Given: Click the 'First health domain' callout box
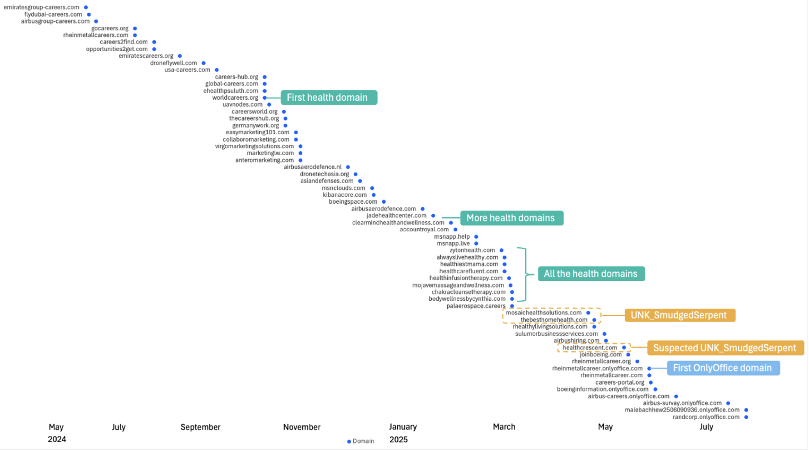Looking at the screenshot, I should (329, 98).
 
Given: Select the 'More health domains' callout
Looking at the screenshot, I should (511, 218).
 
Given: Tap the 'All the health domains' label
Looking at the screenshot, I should (591, 274).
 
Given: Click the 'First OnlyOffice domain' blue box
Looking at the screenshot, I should (723, 368).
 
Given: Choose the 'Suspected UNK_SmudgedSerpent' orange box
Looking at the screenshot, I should (725, 348).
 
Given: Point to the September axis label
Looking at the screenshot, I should (200, 427).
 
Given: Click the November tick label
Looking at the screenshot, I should (301, 427).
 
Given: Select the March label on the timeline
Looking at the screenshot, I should (504, 427).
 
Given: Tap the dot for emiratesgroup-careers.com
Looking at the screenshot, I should (86, 7).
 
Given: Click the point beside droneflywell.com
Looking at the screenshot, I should (203, 63).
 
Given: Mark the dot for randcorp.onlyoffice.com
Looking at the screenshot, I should (746, 417).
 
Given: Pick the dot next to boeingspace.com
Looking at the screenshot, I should (384, 202).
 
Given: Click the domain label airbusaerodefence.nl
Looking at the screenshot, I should (312, 167).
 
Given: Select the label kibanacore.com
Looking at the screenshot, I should (345, 195).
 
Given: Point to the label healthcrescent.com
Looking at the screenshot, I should (590, 348).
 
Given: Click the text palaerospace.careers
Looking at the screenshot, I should (476, 306).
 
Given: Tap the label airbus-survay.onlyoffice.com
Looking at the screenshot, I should (682, 403).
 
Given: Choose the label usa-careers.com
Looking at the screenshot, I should (187, 70).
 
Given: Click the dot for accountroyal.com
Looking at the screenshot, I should (455, 230).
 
